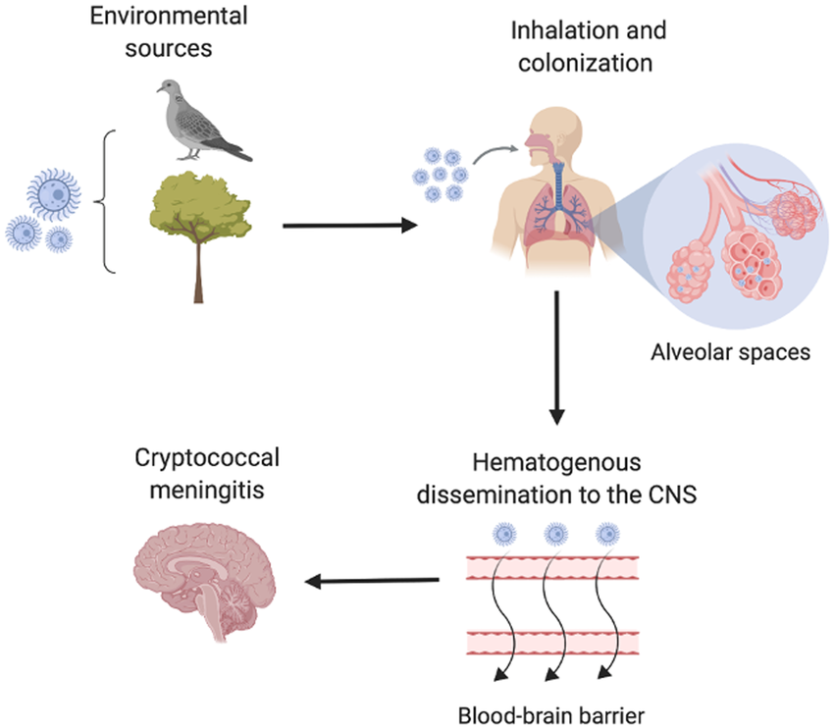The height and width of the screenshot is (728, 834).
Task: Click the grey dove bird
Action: [x=200, y=123]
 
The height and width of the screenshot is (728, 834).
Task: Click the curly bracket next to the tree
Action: [x=105, y=202]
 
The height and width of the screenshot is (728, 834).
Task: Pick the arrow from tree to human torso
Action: [x=348, y=226]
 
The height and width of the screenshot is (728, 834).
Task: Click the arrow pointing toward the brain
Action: [x=373, y=582]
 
